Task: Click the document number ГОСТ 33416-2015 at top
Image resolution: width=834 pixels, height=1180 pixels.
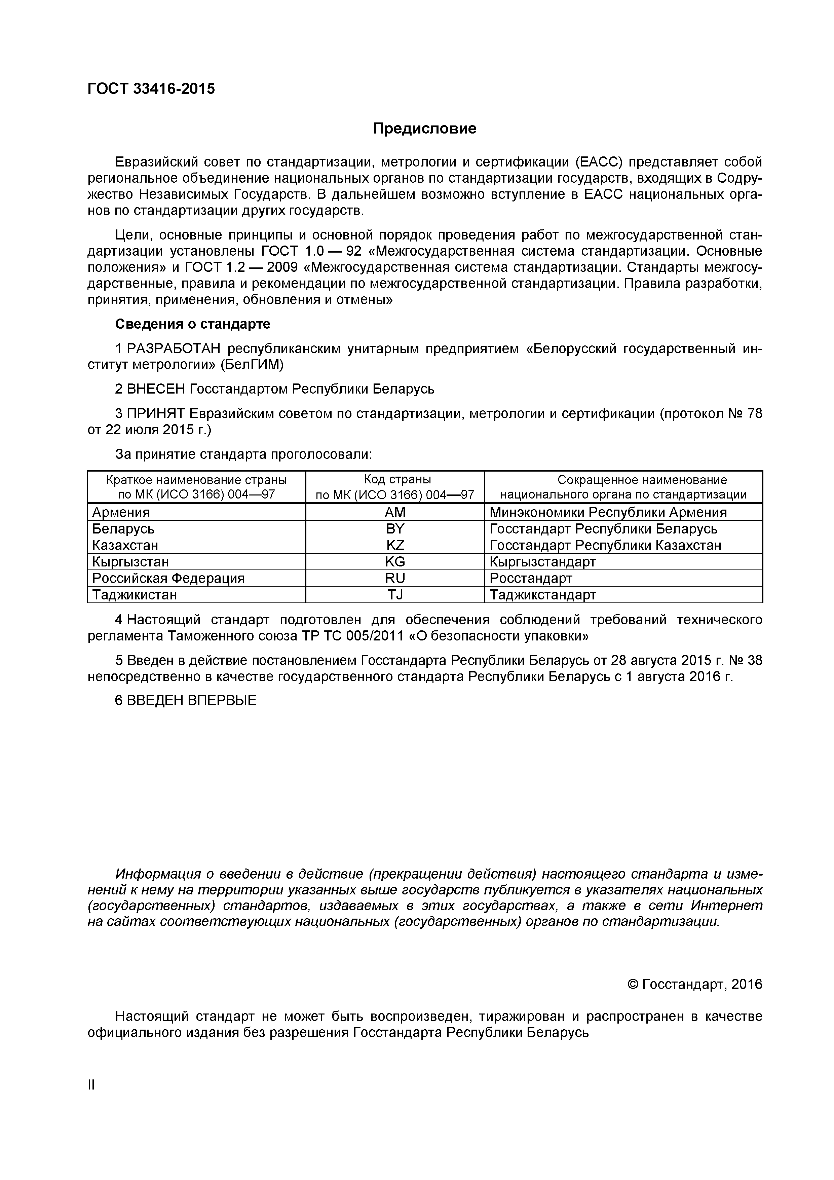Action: point(151,89)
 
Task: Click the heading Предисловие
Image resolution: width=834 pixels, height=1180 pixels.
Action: point(424,128)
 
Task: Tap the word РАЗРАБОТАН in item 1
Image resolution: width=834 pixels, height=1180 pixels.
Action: point(173,349)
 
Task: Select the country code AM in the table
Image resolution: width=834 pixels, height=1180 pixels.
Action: point(395,512)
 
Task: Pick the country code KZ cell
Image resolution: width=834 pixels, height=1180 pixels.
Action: point(395,545)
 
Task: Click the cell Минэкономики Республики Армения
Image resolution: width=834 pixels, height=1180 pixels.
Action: point(608,512)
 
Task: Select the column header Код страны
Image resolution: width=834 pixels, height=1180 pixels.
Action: point(395,480)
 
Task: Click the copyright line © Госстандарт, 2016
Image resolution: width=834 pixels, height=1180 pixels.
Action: point(695,984)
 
